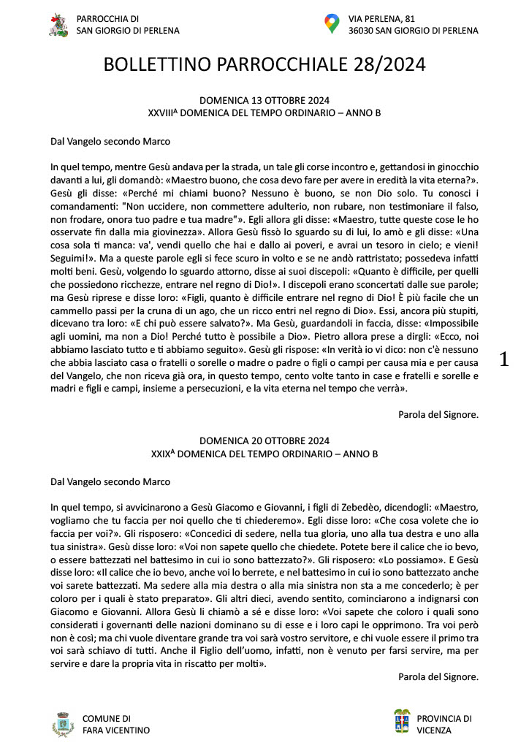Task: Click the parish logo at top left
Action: (58, 24)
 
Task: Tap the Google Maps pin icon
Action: (332, 24)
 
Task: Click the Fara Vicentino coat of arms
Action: (64, 724)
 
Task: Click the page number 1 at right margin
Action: (503, 359)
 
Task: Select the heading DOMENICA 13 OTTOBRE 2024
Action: (264, 101)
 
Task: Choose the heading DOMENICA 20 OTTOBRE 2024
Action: (264, 441)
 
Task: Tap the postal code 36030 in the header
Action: (364, 31)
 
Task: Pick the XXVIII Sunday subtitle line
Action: (264, 113)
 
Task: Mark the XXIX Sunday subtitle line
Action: (264, 454)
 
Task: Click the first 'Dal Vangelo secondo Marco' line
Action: (110, 141)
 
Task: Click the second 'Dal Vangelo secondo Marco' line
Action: (110, 481)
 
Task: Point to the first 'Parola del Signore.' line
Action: (438, 414)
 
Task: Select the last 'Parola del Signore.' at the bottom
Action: (438, 677)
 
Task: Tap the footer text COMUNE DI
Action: (107, 718)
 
